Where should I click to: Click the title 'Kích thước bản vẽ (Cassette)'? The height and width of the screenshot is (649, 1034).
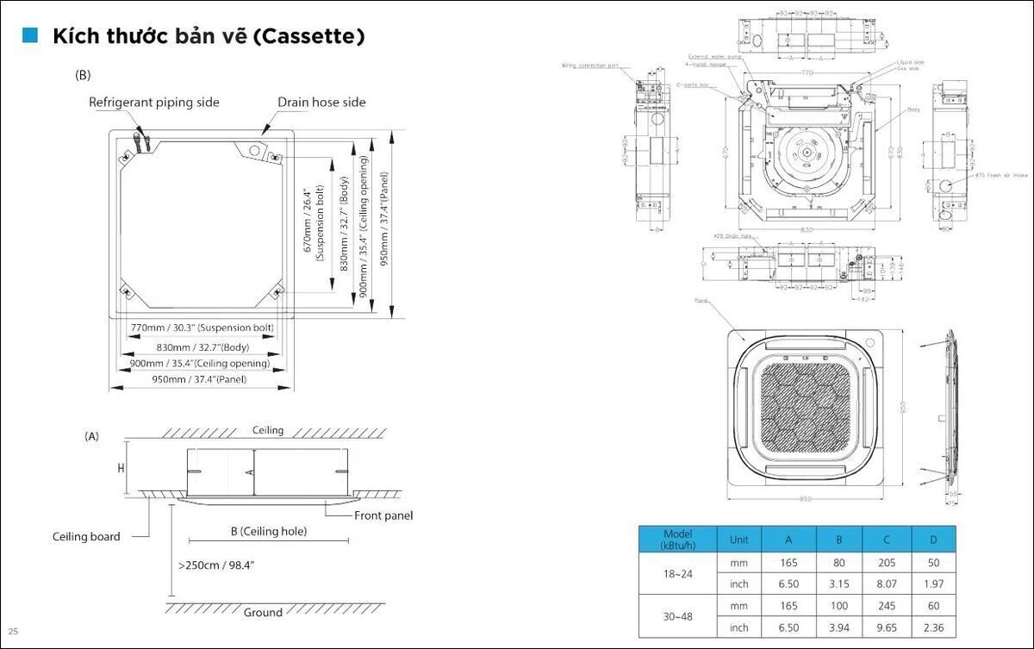tap(209, 37)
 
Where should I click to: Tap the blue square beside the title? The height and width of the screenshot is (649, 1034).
tap(31, 35)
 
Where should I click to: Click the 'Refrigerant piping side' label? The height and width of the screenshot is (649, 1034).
tap(154, 103)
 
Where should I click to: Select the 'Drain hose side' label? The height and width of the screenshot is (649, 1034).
tap(321, 103)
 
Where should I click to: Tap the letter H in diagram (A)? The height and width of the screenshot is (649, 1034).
tap(121, 469)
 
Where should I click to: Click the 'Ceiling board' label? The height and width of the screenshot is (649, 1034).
tap(86, 537)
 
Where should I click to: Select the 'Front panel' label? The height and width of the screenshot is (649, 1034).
tap(383, 515)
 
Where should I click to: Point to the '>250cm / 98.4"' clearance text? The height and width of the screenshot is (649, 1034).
tap(216, 565)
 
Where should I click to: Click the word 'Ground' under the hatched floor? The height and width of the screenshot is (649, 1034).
tap(263, 613)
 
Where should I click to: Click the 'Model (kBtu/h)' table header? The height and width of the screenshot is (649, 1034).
tap(677, 540)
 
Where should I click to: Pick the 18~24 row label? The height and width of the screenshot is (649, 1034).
tap(677, 573)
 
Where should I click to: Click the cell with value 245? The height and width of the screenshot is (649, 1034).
tap(887, 606)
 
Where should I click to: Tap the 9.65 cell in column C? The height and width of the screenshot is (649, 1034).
tap(887, 627)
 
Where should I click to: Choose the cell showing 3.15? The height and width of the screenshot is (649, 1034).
tap(839, 584)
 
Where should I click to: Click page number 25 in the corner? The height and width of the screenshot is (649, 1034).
tap(13, 632)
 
